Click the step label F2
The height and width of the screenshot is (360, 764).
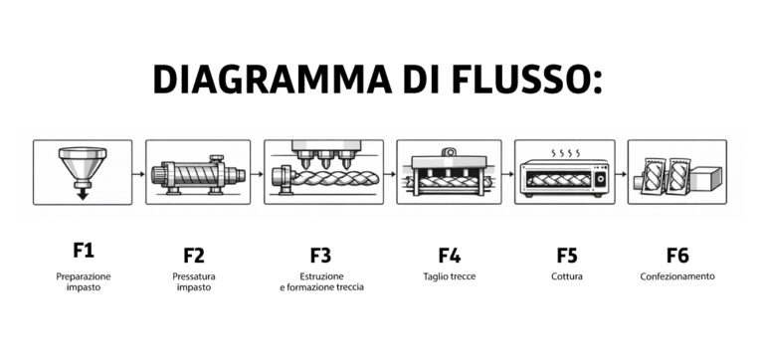coord(194,254)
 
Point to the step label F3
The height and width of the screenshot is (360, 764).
coord(320,254)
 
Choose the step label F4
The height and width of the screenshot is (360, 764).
coord(450,254)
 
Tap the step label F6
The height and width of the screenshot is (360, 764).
coord(677,254)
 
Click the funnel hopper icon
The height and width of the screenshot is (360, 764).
coord(83,164)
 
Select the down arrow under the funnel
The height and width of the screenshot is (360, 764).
coord(83,192)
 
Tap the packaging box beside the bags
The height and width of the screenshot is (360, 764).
coord(707,179)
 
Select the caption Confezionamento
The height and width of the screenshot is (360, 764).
coord(677,276)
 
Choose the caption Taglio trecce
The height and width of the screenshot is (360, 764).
coord(450,276)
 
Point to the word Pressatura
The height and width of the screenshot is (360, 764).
coord(194,275)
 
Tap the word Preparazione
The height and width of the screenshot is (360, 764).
coord(84,275)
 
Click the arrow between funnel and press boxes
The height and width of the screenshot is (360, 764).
coord(138,173)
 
